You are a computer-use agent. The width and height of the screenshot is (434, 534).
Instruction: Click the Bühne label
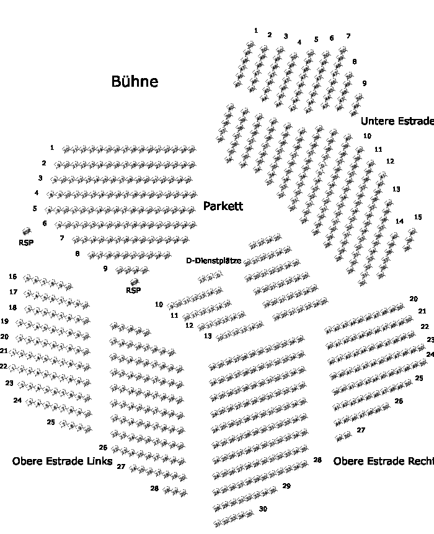pos(135,81)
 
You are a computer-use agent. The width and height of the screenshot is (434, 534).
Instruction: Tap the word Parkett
pos(223,206)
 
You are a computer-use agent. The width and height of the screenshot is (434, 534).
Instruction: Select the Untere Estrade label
pos(397,121)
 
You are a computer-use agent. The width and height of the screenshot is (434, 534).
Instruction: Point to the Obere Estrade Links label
pos(62,462)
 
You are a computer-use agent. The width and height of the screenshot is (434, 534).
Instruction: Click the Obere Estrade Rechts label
pos(383,462)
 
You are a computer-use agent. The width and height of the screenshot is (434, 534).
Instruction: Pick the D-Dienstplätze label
pos(214,261)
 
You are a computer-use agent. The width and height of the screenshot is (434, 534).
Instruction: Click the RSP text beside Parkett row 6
pos(26,242)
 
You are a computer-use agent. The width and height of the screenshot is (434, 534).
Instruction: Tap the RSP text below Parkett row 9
pos(133,290)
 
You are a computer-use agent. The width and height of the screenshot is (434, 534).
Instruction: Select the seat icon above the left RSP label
pos(27,232)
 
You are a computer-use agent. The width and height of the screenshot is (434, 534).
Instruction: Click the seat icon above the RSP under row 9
pos(135,282)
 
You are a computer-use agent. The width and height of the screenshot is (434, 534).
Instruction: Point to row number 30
pos(263,509)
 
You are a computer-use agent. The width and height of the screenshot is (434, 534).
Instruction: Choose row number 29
pos(286,486)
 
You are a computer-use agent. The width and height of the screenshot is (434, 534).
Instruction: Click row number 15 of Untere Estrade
pos(418,217)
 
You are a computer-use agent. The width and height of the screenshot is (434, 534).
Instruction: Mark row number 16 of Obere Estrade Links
pos(13,276)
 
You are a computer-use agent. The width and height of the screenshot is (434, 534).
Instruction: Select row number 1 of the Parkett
pos(52,148)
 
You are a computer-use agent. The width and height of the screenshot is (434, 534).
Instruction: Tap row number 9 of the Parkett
pos(105,268)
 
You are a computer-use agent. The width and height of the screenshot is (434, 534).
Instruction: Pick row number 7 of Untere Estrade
pos(348,36)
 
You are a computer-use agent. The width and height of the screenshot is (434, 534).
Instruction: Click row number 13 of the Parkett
pos(208,336)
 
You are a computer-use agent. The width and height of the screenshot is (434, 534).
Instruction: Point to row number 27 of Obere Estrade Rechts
pos(361,430)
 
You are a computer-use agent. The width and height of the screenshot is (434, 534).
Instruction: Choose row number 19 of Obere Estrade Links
pos(4,322)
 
